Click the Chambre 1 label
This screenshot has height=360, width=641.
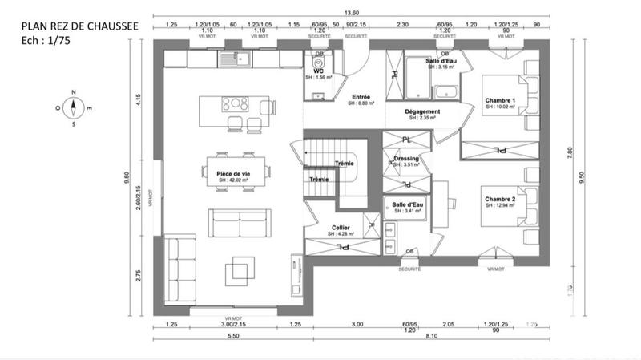coord(501,100)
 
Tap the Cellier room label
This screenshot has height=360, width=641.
coord(341,228)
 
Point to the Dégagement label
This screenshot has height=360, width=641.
coord(421,111)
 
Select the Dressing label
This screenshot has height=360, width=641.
coord(406,159)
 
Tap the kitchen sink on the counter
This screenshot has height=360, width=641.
coord(237,58)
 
